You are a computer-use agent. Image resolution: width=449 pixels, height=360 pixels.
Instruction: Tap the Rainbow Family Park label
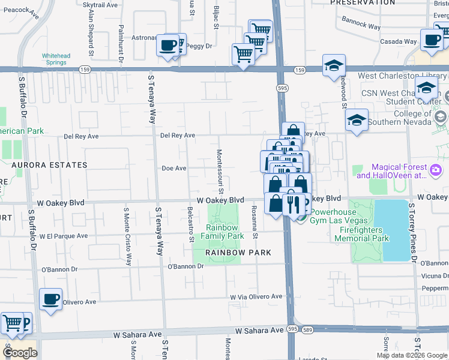point(222,232)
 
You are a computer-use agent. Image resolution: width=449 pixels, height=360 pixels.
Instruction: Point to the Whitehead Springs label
point(56,59)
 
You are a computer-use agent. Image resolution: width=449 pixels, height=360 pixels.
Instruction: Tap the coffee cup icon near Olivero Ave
point(50,299)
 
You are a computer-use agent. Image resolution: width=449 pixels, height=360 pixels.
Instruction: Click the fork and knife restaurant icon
point(294,205)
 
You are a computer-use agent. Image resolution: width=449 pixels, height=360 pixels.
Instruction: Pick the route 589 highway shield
point(307,329)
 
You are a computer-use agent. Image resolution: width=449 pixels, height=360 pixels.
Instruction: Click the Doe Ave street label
point(174,169)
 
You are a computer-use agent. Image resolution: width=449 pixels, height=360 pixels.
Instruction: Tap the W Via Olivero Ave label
point(256,296)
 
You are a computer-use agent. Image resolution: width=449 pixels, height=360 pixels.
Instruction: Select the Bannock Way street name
point(363,27)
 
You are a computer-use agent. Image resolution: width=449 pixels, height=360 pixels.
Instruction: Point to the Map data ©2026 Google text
point(411,355)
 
